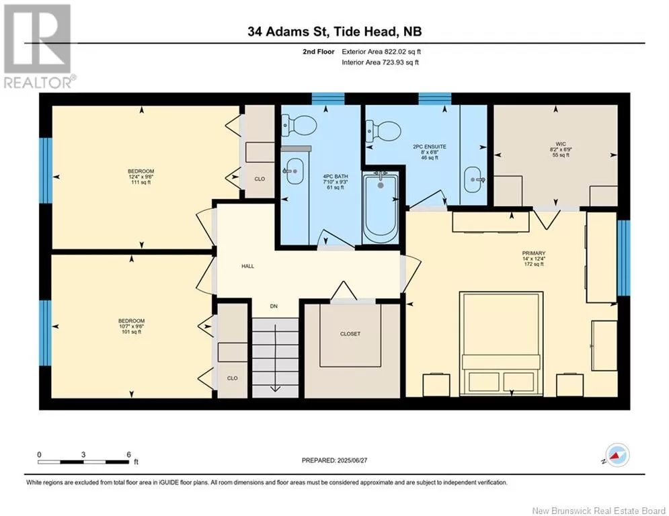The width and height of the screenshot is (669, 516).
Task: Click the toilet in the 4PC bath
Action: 299,125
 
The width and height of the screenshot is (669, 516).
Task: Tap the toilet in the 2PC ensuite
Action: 384,132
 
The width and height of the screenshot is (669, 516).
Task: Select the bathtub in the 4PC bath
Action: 381,207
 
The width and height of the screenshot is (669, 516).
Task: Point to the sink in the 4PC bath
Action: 294,171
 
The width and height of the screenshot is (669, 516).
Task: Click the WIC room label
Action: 561,144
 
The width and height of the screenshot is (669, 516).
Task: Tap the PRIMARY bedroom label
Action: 534,253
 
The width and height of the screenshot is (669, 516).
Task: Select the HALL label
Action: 247,266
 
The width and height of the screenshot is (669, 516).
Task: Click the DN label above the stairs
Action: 274,306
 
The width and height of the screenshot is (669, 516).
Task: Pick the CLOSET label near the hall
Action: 350,334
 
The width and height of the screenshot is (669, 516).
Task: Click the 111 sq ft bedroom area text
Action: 141,183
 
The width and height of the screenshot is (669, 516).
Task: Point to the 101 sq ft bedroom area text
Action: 131,332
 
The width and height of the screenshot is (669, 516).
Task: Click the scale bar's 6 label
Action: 128,455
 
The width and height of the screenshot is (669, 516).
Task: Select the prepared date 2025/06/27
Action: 352,460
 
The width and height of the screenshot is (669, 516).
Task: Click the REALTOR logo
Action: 38,46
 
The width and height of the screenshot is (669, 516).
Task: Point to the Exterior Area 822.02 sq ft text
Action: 381,52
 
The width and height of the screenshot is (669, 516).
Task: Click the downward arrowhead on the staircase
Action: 275,388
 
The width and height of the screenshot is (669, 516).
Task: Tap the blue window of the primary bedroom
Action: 623,258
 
